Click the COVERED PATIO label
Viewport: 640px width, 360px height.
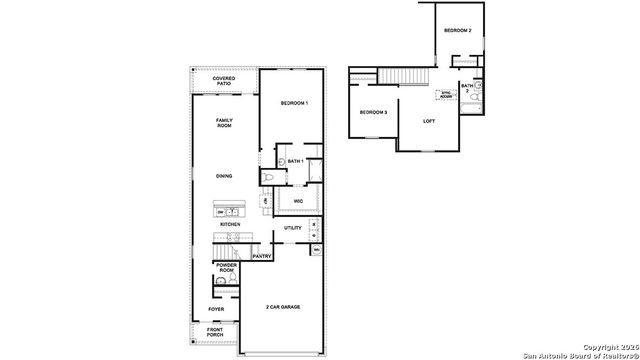[224, 81]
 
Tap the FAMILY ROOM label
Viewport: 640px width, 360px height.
[224, 123]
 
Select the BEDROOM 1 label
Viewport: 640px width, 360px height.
[294, 104]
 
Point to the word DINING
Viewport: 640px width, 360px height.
[224, 176]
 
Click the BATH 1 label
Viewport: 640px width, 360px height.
[295, 161]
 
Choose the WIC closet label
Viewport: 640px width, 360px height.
[298, 202]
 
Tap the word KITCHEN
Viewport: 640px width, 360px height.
[230, 225]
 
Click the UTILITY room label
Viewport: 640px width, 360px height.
[293, 228]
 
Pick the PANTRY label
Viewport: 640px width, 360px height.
[262, 256]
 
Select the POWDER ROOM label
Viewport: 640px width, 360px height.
[227, 268]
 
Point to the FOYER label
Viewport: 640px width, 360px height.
[216, 309]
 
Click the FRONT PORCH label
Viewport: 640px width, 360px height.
[215, 332]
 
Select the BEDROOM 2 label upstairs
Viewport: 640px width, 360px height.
[458, 31]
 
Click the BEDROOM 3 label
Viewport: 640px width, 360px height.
[373, 112]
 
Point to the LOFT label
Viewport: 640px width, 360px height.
[429, 121]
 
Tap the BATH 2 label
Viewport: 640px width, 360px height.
[468, 88]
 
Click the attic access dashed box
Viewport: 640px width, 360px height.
[447, 95]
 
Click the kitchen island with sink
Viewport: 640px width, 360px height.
[229, 211]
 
